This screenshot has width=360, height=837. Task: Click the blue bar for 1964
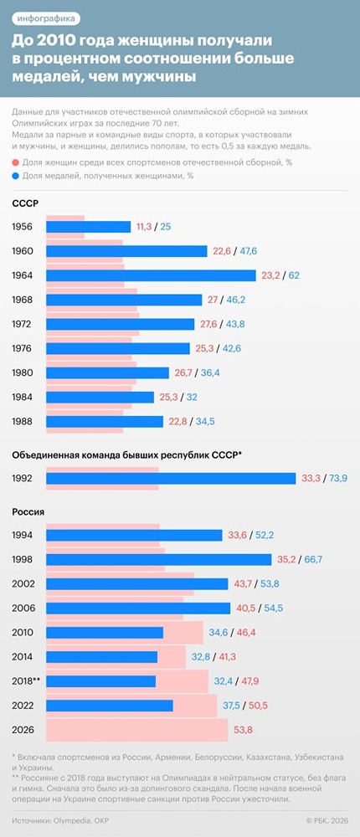(x=151, y=275)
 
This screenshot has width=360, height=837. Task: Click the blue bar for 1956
(x=88, y=227)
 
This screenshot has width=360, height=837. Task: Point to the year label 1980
(x=23, y=373)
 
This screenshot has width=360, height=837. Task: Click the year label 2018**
(x=27, y=681)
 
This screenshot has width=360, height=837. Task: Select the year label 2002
(x=23, y=583)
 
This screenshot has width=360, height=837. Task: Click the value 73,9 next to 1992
(x=336, y=478)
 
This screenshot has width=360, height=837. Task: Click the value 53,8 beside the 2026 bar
(x=243, y=730)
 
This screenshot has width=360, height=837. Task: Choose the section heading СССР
(x=25, y=203)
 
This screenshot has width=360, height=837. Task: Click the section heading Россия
(x=28, y=511)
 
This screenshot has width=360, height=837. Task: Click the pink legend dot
(x=16, y=162)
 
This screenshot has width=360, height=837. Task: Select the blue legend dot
(x=16, y=176)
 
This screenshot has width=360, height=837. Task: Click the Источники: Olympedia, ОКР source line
(x=61, y=821)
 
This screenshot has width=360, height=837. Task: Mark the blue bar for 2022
(x=109, y=706)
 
